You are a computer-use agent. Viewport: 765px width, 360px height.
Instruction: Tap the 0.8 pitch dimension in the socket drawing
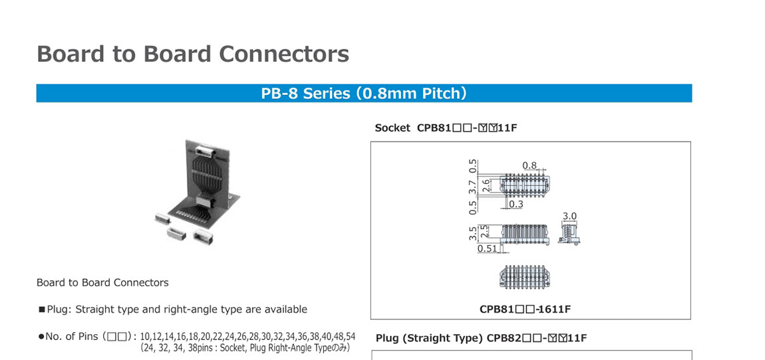[x=530, y=165]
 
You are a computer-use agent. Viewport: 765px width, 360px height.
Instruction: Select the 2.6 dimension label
[x=486, y=185]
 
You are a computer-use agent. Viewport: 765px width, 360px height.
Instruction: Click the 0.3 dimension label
[x=516, y=205]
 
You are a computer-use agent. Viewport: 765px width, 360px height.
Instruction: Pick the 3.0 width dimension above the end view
[x=569, y=217]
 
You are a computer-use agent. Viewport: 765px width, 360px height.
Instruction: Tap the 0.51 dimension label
[x=488, y=249]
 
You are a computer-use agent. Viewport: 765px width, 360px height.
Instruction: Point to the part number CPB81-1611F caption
[x=525, y=309]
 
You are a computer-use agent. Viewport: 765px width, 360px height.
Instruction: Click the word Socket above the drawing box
[x=392, y=128]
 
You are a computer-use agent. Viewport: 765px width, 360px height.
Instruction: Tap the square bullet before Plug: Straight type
[x=41, y=310]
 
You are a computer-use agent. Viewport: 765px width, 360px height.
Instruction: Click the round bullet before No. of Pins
[x=41, y=337]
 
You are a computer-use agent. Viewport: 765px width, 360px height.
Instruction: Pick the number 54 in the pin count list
[x=350, y=336]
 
